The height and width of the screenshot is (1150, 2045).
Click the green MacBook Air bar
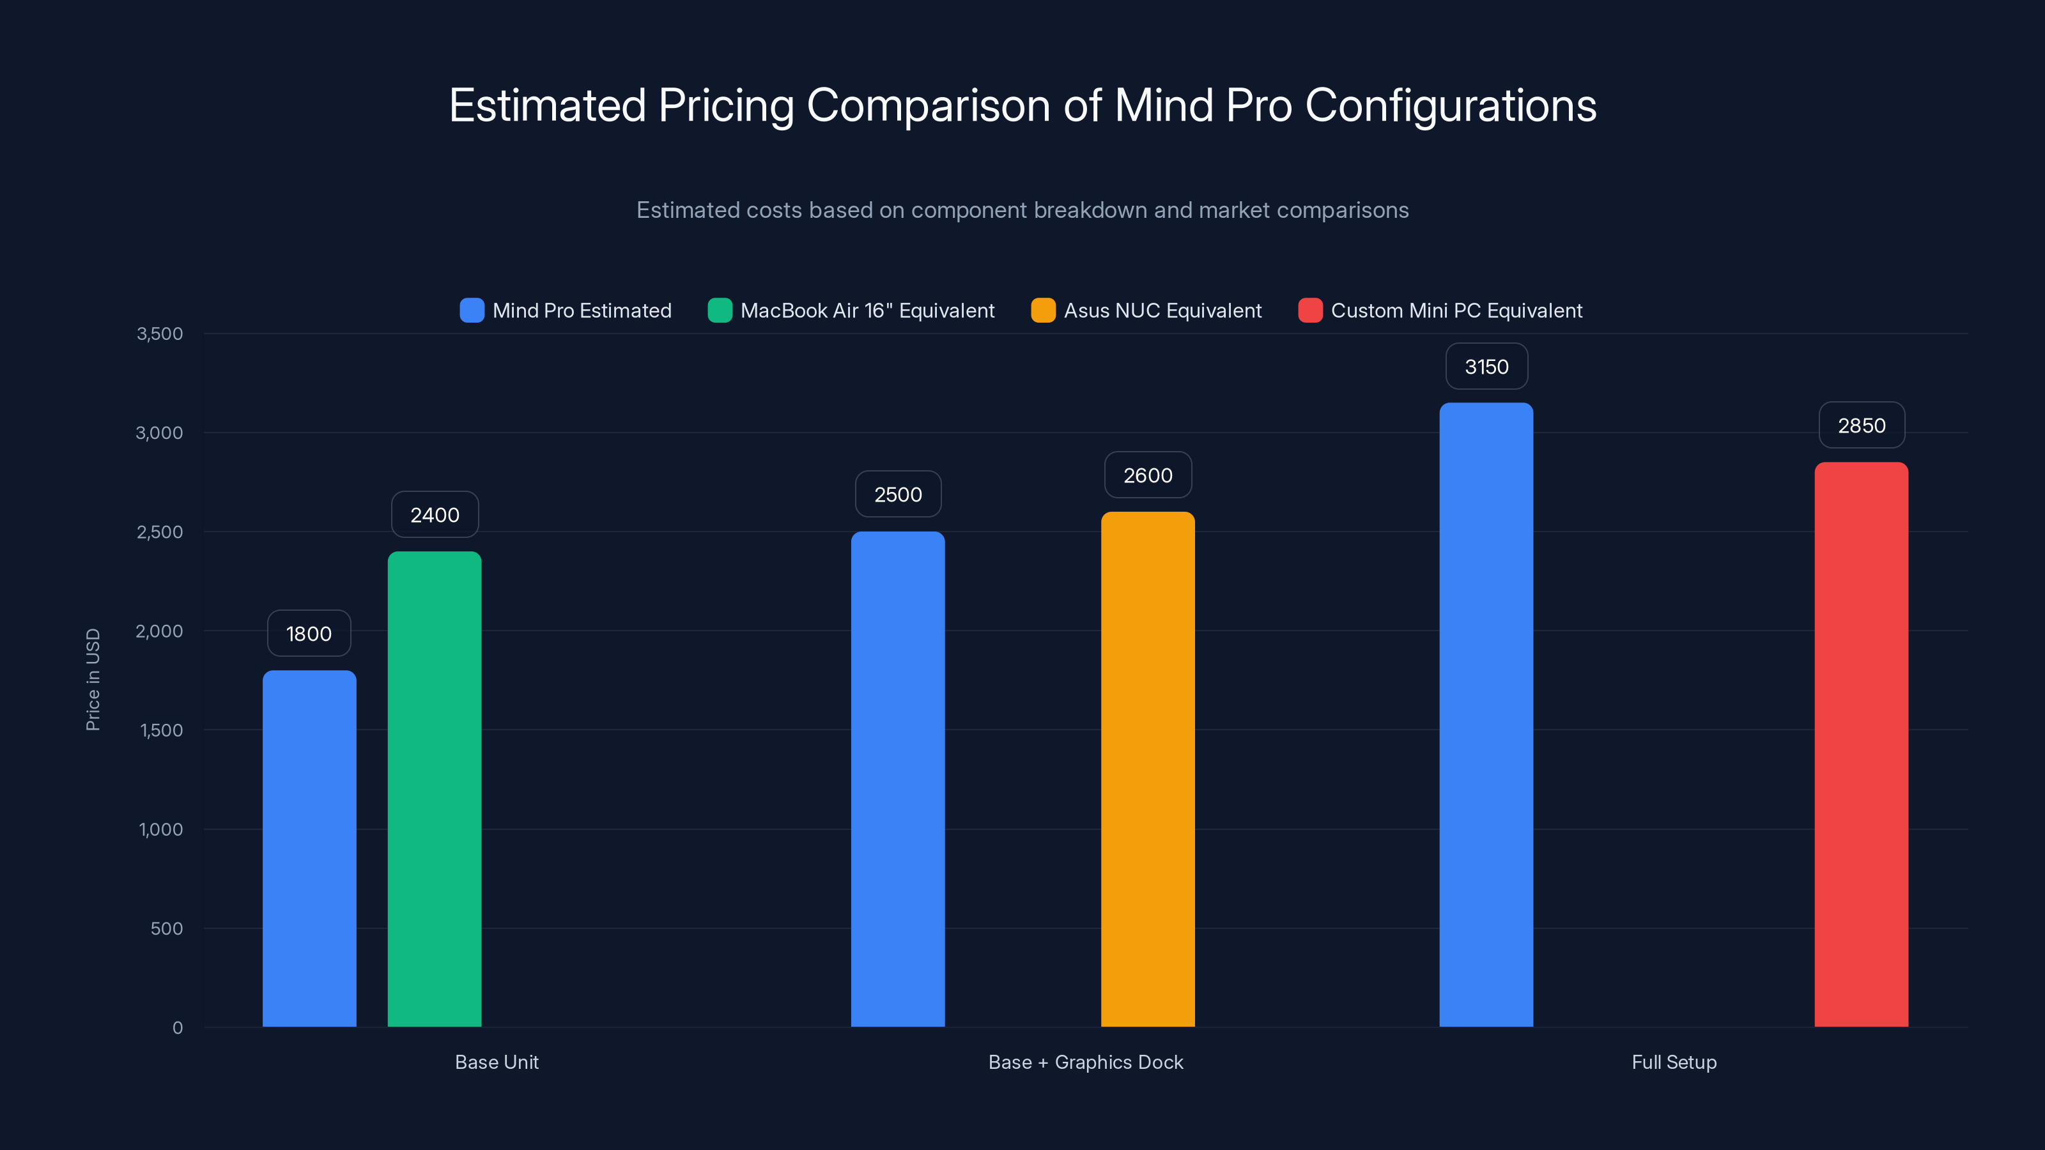pyautogui.click(x=435, y=789)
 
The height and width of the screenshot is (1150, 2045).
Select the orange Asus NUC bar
pyautogui.click(x=1147, y=769)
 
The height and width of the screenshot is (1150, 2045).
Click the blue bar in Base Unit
pyautogui.click(x=309, y=848)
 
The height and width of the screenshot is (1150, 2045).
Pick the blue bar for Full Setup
pyautogui.click(x=1485, y=714)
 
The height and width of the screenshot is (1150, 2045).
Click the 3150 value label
pyautogui.click(x=1486, y=367)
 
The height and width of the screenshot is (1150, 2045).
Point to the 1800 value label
pyautogui.click(x=309, y=633)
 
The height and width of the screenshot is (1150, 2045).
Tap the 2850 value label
pyautogui.click(x=1861, y=425)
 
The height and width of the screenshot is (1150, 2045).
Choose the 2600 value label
pyautogui.click(x=1147, y=475)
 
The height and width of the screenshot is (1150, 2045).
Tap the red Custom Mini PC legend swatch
pyautogui.click(x=1310, y=310)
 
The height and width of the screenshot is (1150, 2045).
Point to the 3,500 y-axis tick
pyautogui.click(x=160, y=333)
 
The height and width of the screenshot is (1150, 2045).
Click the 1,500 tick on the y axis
pyautogui.click(x=161, y=730)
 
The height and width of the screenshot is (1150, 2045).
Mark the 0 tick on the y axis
pyautogui.click(x=177, y=1028)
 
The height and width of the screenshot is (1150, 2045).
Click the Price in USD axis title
pyautogui.click(x=93, y=679)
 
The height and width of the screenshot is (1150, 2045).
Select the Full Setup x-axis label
pyautogui.click(x=1674, y=1062)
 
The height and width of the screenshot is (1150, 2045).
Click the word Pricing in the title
pyautogui.click(x=725, y=105)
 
